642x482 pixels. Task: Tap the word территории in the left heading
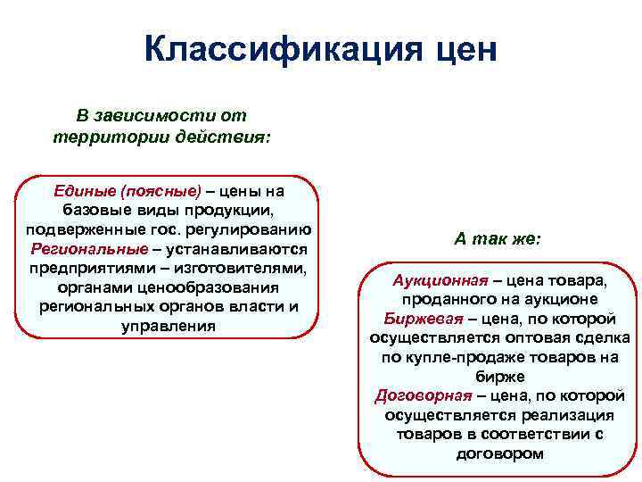[99, 137]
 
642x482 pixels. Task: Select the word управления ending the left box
[168, 327]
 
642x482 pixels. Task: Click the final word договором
[498, 453]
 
